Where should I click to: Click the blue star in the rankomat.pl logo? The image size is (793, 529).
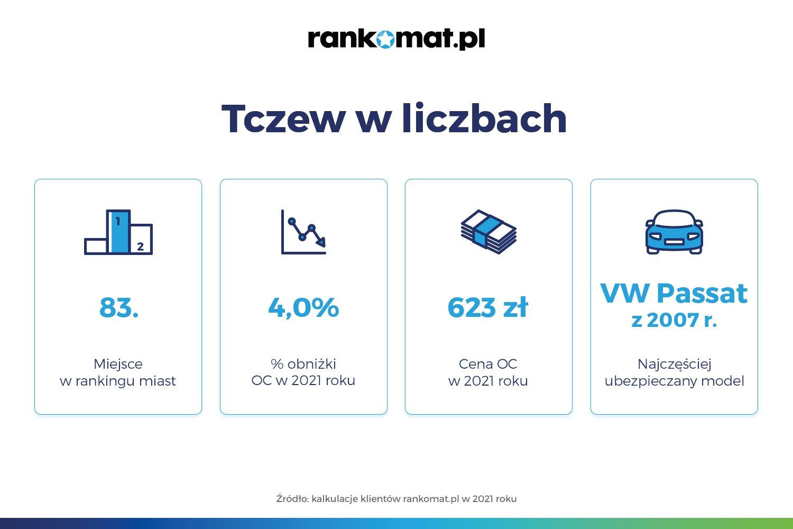[x=385, y=39]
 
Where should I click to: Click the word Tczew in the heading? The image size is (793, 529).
[x=283, y=118]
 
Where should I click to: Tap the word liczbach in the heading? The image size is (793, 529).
[x=484, y=117]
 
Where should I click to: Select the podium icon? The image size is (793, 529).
[x=118, y=232]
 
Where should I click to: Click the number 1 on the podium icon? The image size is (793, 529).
[x=118, y=222]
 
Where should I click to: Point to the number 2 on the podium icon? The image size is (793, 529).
[x=140, y=247]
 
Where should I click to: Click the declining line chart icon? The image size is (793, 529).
[x=303, y=232]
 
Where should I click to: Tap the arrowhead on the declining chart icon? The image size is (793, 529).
[x=321, y=242]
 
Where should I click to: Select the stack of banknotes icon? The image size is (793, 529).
[x=488, y=232]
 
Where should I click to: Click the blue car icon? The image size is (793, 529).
[x=674, y=232]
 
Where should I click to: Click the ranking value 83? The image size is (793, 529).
[x=119, y=307]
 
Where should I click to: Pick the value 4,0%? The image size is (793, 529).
[x=303, y=307]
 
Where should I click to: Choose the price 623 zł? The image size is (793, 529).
[x=488, y=307]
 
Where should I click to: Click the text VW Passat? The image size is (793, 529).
[x=674, y=294]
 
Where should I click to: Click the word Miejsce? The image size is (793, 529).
[x=118, y=364]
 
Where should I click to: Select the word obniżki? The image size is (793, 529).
[x=311, y=363]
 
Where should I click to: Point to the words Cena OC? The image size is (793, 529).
[x=488, y=364]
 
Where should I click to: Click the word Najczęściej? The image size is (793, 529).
[x=675, y=364]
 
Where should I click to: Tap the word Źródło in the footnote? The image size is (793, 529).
[x=293, y=498]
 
